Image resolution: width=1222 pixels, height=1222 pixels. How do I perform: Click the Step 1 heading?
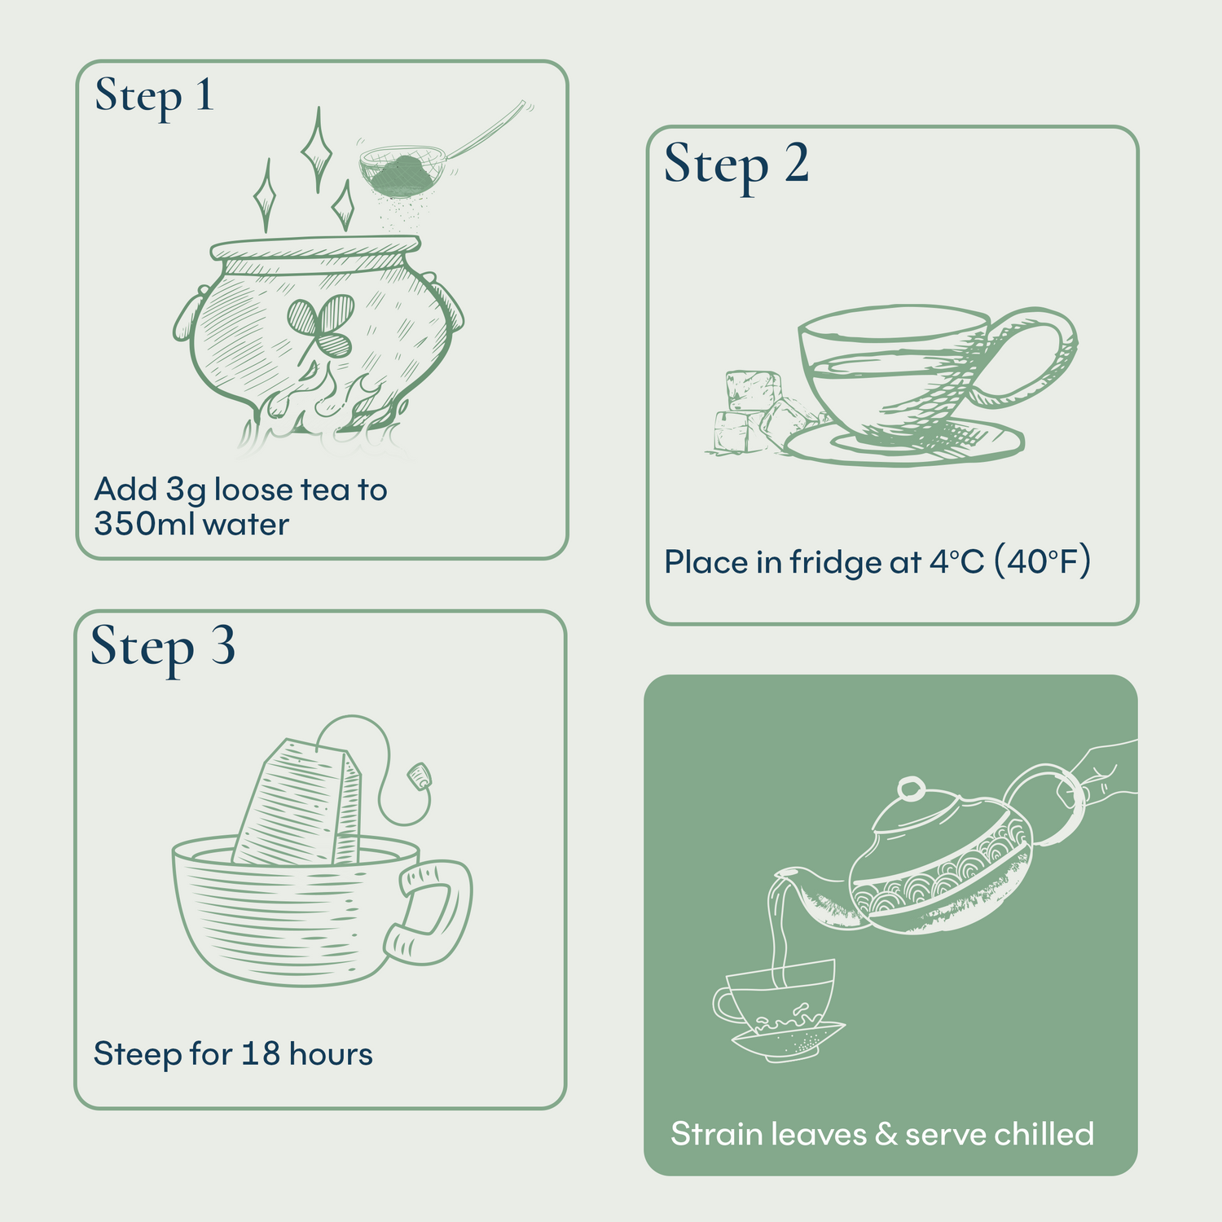click(x=154, y=97)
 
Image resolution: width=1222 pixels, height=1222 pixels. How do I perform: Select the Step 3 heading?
click(x=163, y=648)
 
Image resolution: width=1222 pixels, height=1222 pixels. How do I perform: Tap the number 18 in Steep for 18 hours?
click(x=261, y=1053)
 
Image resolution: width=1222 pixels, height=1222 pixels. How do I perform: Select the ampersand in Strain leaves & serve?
click(x=886, y=1134)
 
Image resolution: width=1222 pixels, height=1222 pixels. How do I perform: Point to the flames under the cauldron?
click(x=326, y=407)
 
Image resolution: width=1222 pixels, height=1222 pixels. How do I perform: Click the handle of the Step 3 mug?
click(x=432, y=912)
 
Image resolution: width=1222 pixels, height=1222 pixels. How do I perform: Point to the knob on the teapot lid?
click(x=910, y=788)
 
